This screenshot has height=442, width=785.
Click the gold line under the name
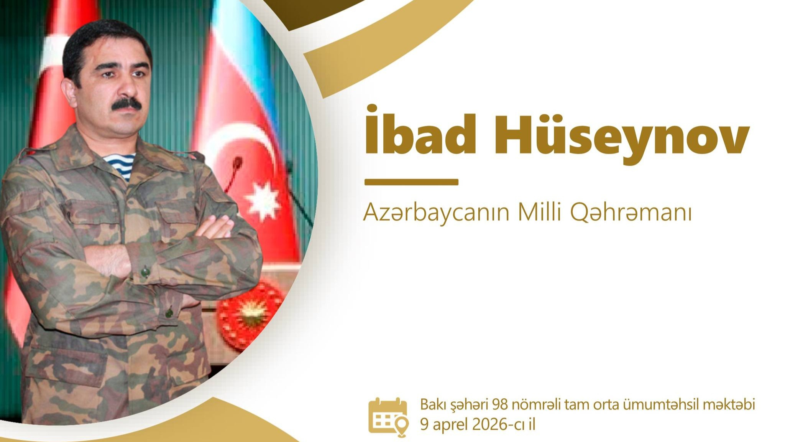(411, 182)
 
